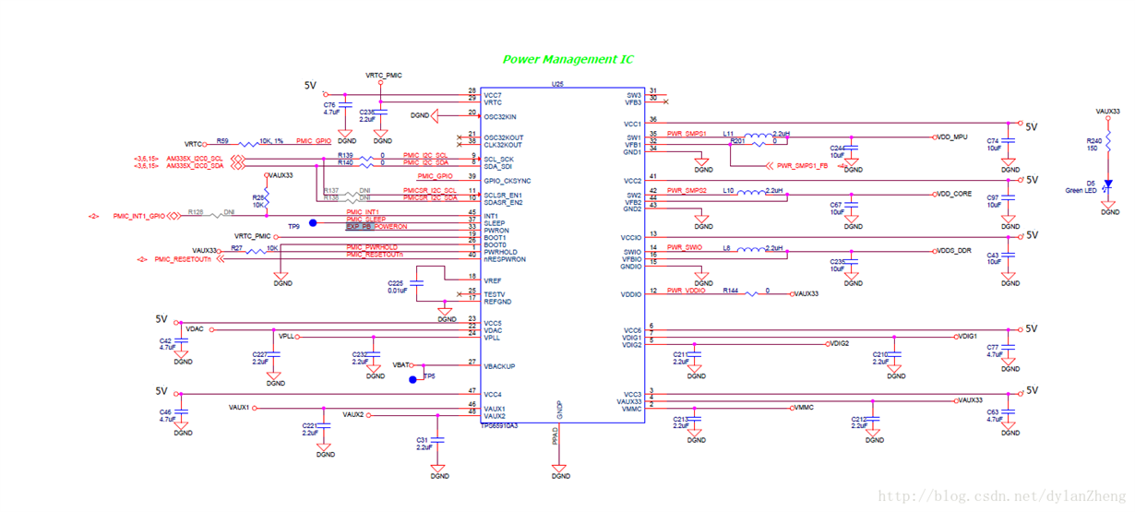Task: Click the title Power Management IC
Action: click(567, 59)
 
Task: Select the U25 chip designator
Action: click(556, 84)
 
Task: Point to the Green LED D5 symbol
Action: click(1109, 185)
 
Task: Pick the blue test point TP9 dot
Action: click(313, 223)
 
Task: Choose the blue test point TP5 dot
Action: click(413, 379)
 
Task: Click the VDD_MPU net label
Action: click(951, 137)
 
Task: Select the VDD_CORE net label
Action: click(953, 195)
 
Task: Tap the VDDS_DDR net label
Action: click(953, 251)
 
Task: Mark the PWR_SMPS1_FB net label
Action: click(802, 167)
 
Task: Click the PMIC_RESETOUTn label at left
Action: click(182, 259)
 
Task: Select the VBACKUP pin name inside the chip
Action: click(500, 366)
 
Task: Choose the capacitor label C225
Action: click(395, 282)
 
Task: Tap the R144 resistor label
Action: click(730, 291)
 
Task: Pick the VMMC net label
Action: click(804, 407)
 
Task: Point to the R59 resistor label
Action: click(222, 141)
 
